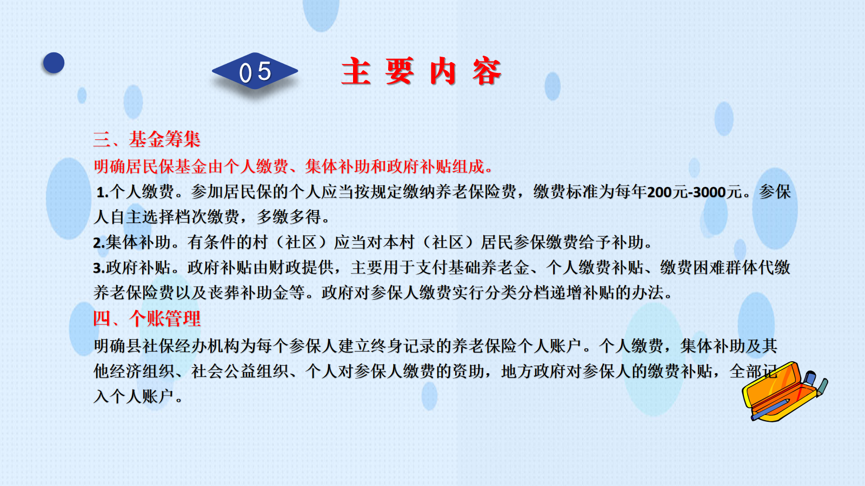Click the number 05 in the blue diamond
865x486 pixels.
click(255, 72)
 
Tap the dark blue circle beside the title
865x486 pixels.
click(54, 63)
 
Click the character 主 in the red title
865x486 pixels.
click(356, 71)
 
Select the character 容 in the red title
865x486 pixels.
click(487, 71)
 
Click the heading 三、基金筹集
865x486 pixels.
click(147, 139)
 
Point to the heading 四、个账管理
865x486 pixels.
click(147, 319)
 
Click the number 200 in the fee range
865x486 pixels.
click(659, 192)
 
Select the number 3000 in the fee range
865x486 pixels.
click(709, 192)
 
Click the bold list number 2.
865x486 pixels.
click(99, 243)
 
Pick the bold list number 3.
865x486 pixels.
click(99, 268)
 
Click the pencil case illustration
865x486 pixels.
click(784, 391)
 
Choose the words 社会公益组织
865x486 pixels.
click(240, 372)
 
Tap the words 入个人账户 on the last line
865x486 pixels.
click(134, 396)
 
